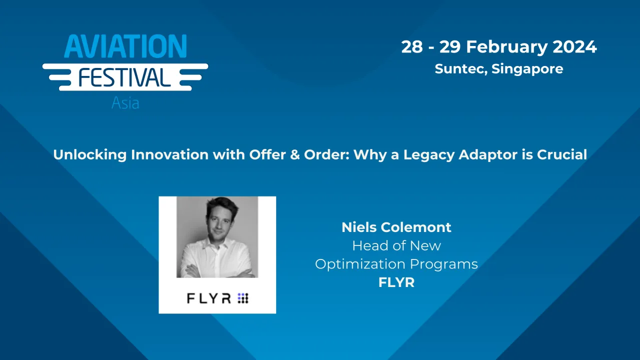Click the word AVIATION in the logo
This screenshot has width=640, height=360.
pos(125,47)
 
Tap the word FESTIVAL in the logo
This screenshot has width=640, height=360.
pos(125,77)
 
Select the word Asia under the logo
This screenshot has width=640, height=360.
pos(125,103)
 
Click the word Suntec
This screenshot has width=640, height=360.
pos(460,68)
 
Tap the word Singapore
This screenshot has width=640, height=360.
pos(527,68)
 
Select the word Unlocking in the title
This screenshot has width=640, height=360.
pos(90,154)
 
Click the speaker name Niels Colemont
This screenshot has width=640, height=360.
pos(396,227)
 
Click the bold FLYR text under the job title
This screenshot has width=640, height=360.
pos(396,282)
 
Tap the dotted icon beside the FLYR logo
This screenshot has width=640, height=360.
pos(243,298)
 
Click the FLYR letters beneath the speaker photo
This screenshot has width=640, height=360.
pos(209,298)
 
